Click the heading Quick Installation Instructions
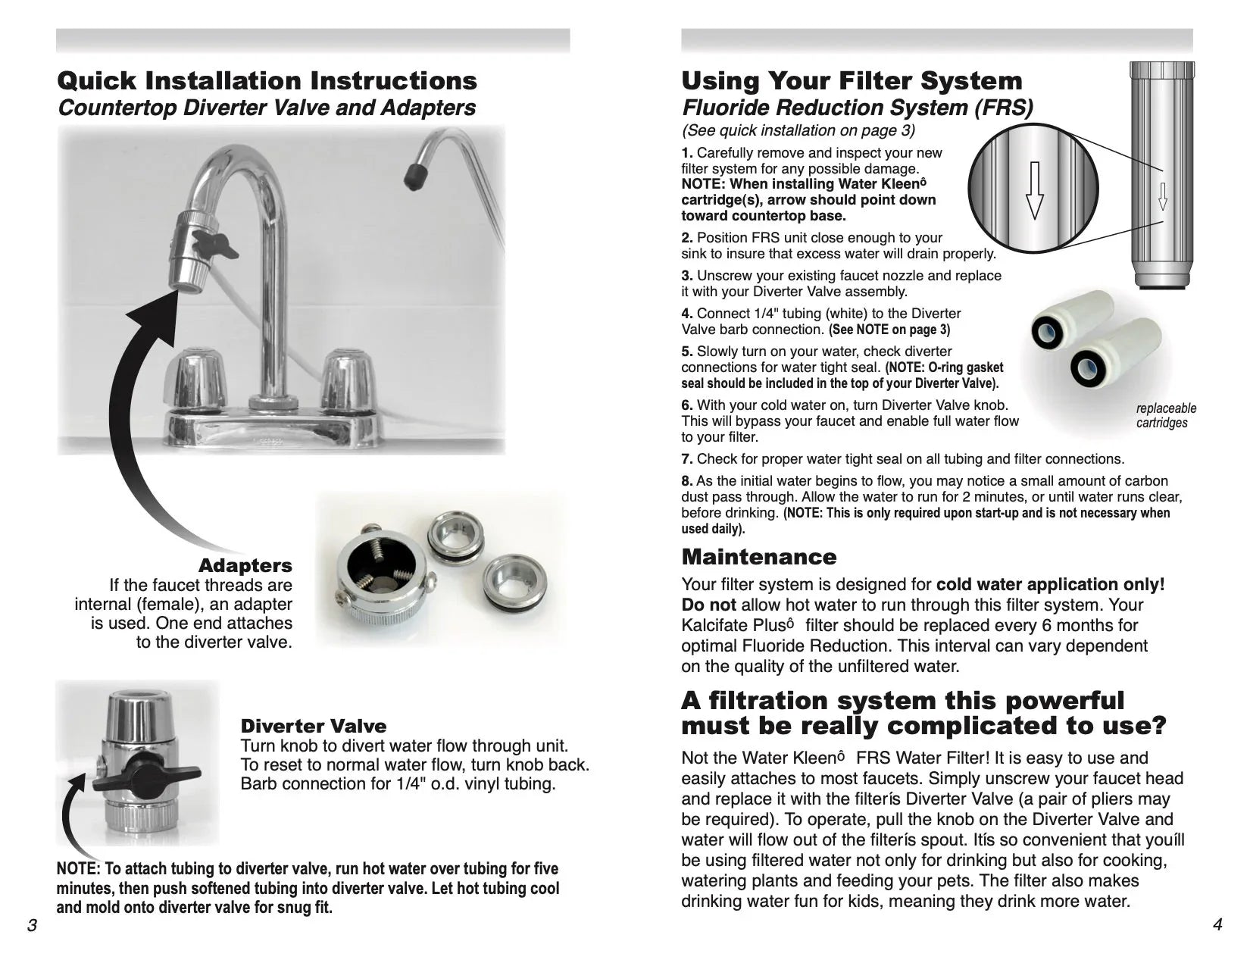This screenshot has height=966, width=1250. tap(267, 81)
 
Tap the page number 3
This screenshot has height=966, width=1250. tap(32, 925)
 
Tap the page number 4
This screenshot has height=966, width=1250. tap(1217, 925)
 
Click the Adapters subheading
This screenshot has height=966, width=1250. tap(245, 565)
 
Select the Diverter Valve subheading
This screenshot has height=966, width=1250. tap(313, 726)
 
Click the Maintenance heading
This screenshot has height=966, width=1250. tap(759, 557)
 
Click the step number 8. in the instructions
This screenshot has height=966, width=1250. tap(687, 481)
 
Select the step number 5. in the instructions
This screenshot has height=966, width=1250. tap(687, 352)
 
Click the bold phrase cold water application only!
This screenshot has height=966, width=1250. tap(1050, 584)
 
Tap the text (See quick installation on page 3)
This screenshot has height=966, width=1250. tap(798, 130)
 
